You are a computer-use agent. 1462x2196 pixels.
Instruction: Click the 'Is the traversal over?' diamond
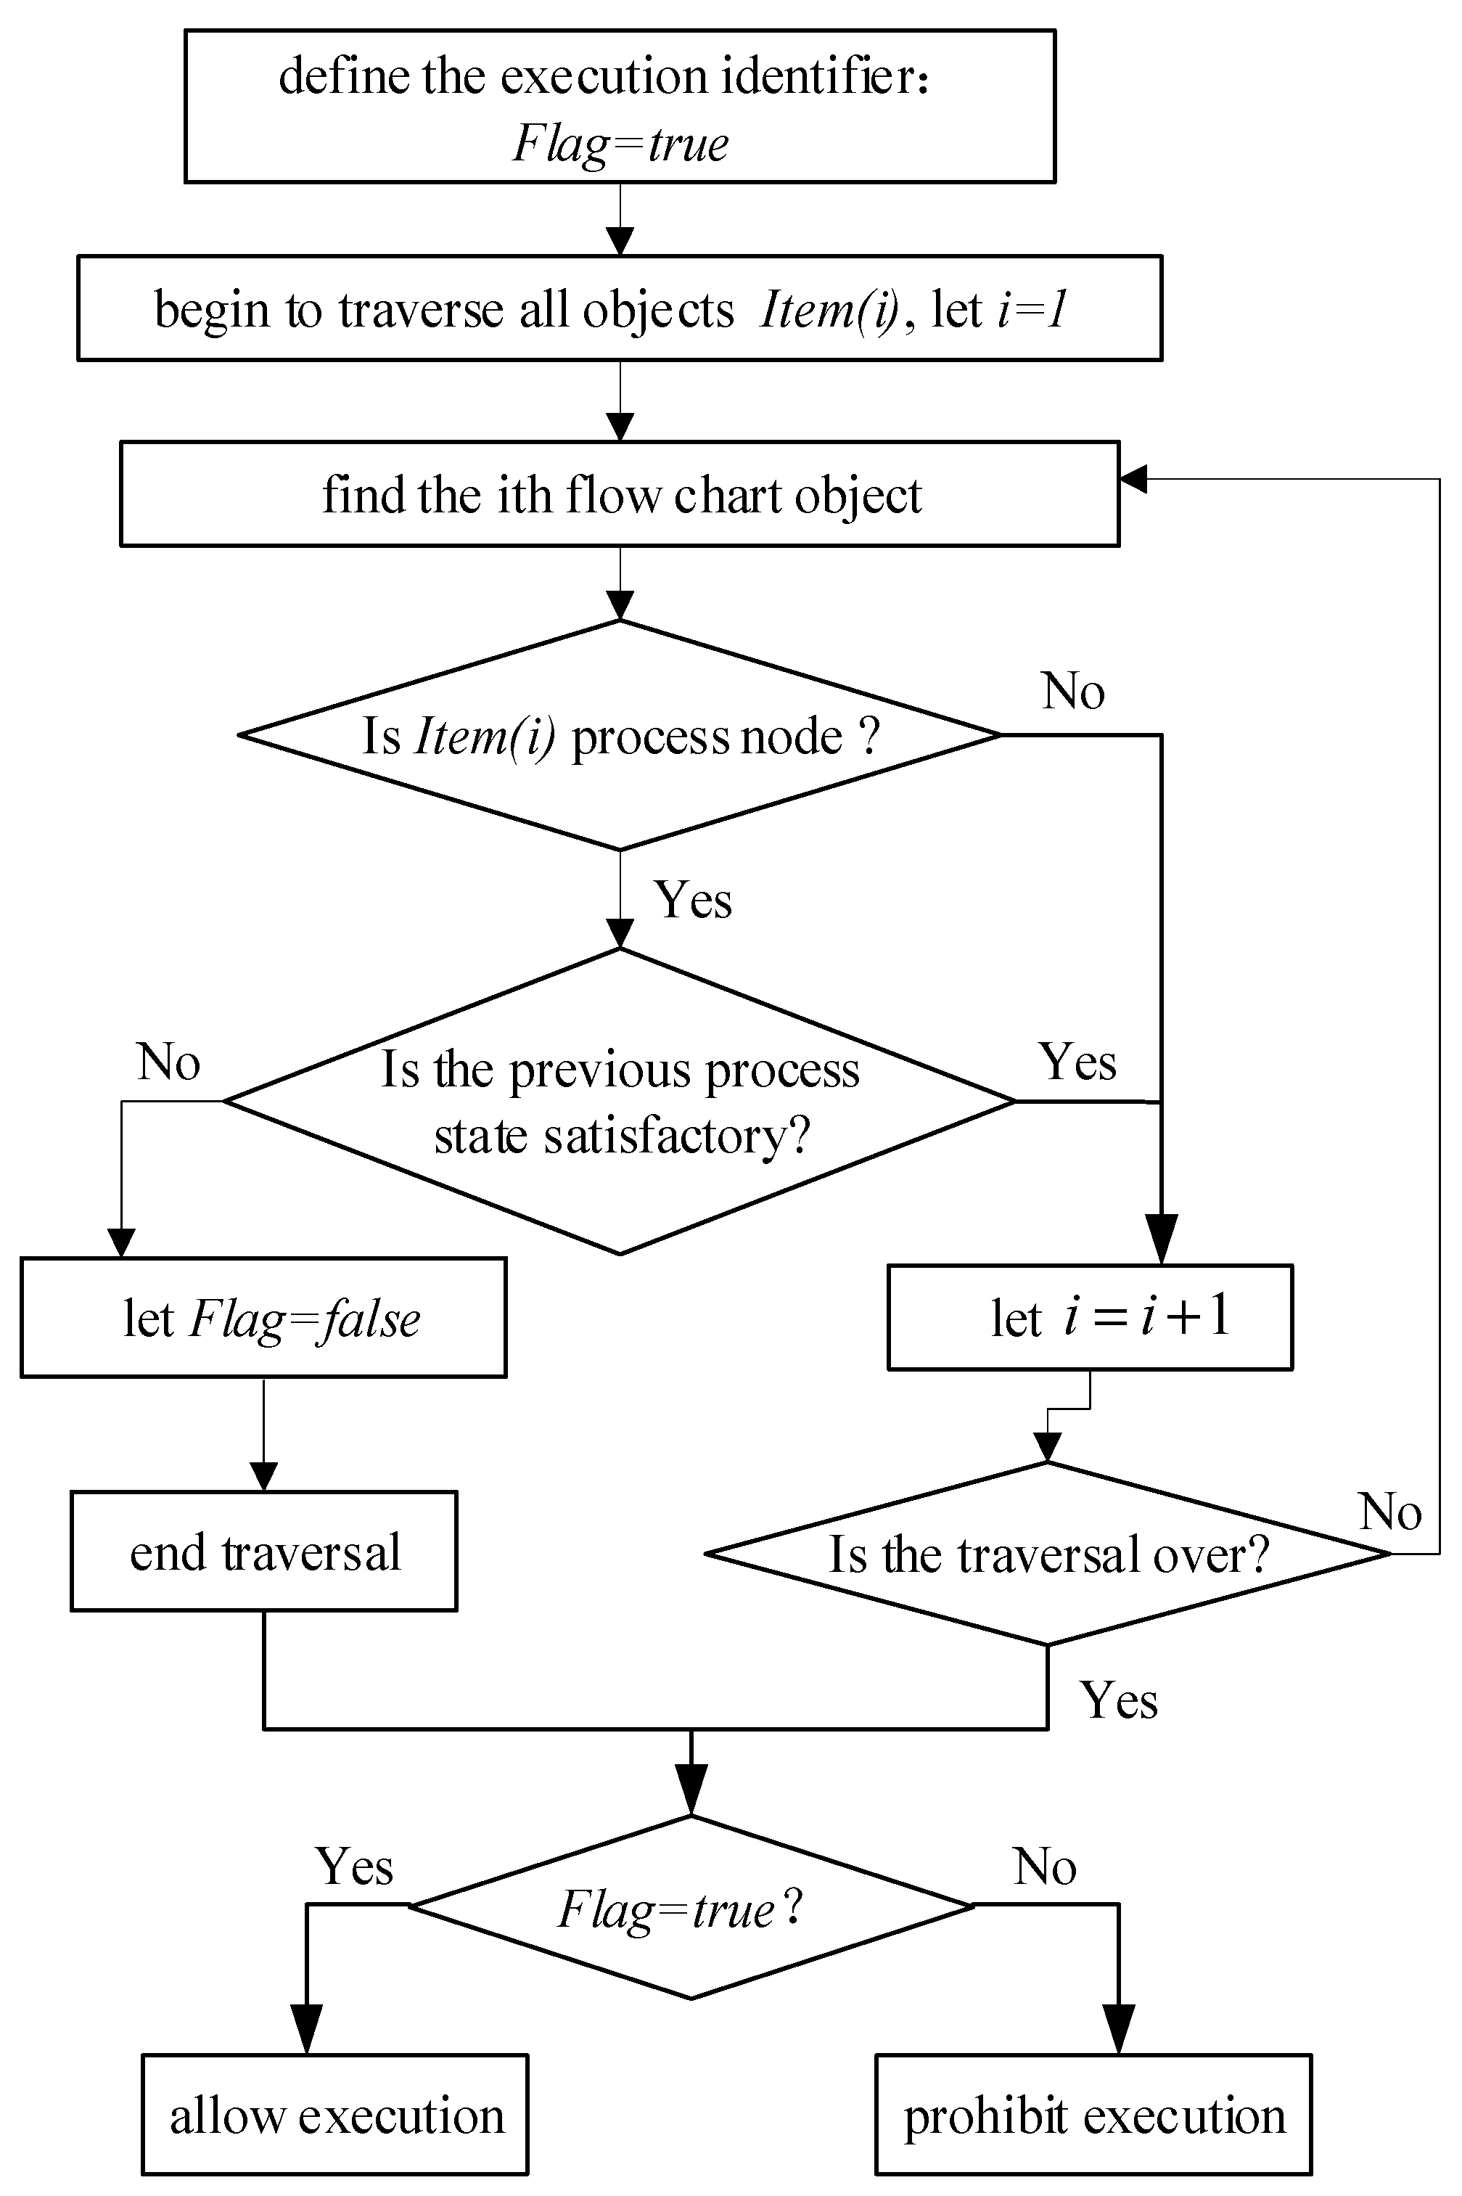click(1047, 1554)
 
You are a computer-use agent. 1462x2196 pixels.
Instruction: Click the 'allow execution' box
click(334, 2114)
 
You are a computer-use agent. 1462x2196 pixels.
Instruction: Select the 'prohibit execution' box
click(1093, 2114)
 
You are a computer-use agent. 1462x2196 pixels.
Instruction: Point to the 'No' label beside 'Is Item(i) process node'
click(1073, 692)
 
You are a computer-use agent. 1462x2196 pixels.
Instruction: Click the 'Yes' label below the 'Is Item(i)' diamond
click(693, 900)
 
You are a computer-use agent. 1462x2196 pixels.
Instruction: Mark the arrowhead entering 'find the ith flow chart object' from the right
click(1133, 478)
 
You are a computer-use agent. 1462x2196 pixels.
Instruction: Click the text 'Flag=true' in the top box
click(620, 144)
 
